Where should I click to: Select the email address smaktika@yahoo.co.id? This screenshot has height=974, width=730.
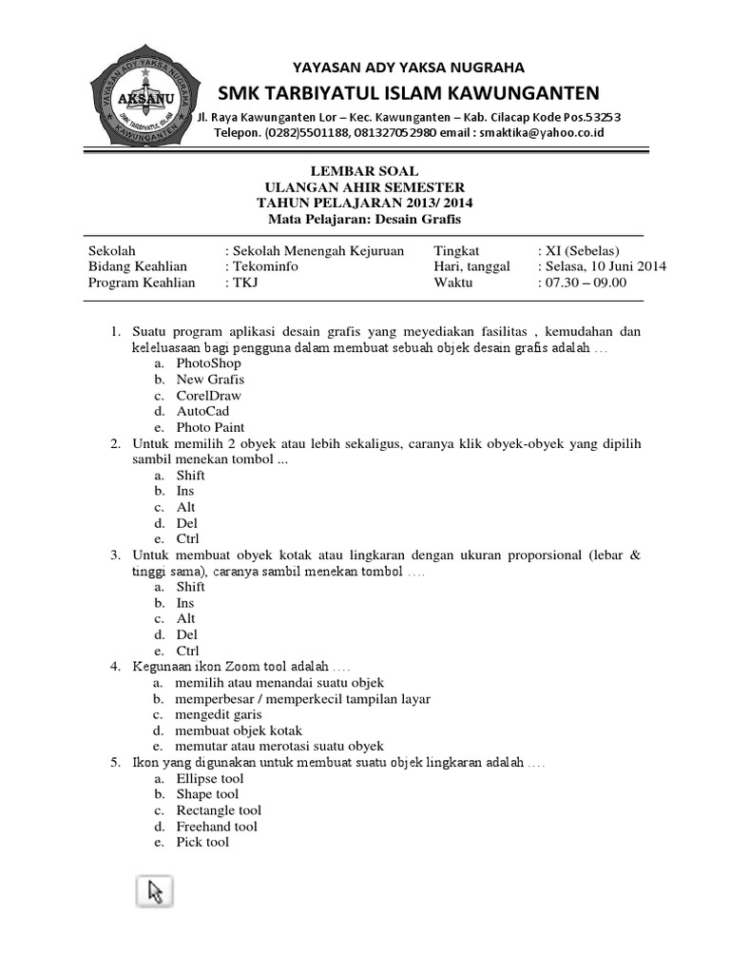[542, 133]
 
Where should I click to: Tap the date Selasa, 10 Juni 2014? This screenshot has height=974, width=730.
[605, 266]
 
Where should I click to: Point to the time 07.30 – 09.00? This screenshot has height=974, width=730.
[586, 282]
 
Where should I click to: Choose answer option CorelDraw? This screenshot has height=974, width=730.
[208, 395]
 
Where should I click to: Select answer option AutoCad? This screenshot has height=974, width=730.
[202, 411]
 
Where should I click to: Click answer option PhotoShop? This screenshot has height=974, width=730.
[208, 362]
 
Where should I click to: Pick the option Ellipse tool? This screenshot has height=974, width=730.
[210, 778]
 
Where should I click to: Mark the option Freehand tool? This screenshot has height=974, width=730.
[217, 827]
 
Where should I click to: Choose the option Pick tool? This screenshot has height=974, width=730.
[202, 842]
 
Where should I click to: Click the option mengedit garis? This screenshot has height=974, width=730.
[218, 714]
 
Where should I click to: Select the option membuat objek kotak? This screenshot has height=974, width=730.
[239, 730]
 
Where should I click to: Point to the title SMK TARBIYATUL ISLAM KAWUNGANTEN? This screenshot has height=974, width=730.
[409, 92]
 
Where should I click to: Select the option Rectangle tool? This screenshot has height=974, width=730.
[218, 810]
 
